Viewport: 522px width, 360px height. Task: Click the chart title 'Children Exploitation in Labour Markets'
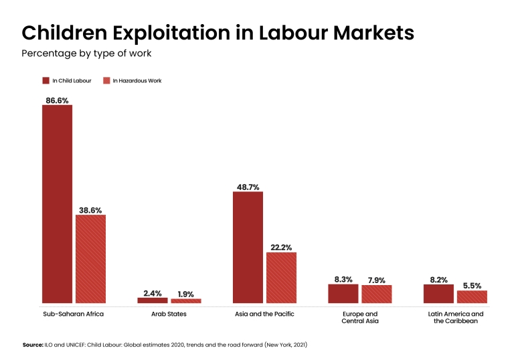pyautogui.click(x=217, y=33)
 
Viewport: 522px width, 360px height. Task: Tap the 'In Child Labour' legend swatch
pyautogui.click(x=46, y=81)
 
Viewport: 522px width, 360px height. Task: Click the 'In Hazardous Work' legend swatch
pyautogui.click(x=106, y=81)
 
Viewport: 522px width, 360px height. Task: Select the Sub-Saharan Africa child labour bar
pyautogui.click(x=57, y=204)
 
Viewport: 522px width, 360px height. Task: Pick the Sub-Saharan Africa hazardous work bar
pyautogui.click(x=90, y=259)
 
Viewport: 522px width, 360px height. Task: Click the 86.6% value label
pyautogui.click(x=57, y=100)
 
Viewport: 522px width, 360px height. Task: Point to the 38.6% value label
pyautogui.click(x=90, y=210)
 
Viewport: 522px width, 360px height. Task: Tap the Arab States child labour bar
pyautogui.click(x=153, y=300)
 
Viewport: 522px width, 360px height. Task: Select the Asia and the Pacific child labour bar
pyautogui.click(x=248, y=248)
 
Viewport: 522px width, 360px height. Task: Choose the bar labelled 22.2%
pyautogui.click(x=281, y=278)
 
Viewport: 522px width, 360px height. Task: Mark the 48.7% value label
pyautogui.click(x=248, y=187)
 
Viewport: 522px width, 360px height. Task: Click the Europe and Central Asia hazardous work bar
pyautogui.click(x=377, y=294)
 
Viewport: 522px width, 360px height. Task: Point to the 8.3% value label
pyautogui.click(x=343, y=280)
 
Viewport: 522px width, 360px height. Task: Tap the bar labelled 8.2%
pyautogui.click(x=438, y=294)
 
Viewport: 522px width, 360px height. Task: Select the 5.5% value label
pyautogui.click(x=472, y=286)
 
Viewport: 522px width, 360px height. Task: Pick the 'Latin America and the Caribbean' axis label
pyautogui.click(x=455, y=317)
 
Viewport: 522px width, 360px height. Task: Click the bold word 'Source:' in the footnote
pyautogui.click(x=33, y=345)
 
